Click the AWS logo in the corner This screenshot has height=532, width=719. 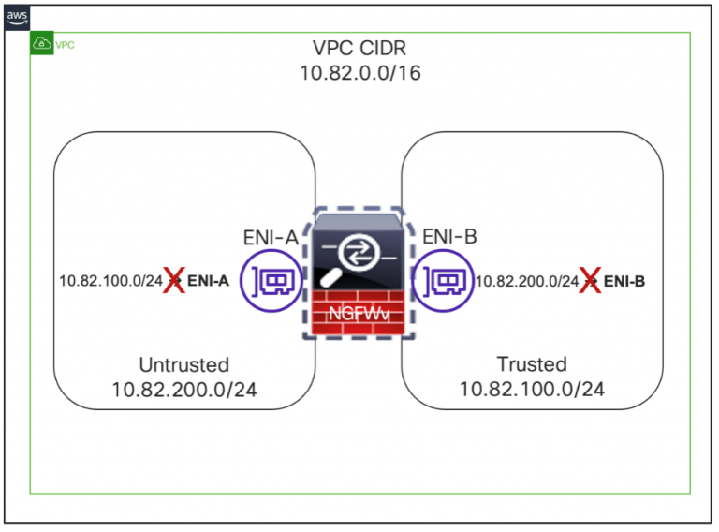pos(17,16)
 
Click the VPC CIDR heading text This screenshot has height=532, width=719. pos(359,49)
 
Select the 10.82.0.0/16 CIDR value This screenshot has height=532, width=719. pos(359,73)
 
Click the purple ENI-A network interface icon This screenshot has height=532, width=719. pos(271,279)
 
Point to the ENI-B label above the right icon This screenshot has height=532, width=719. pos(449,238)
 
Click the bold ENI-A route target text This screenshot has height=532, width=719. pos(209,280)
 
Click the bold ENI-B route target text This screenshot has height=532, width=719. pos(624,280)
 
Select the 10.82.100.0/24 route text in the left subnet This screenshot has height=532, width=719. pos(110,280)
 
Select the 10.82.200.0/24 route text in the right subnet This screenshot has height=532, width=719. pos(527,280)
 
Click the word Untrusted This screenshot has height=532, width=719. pos(183,364)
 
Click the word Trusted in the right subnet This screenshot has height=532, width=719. pos(532,364)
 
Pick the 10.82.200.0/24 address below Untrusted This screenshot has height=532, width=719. pos(183,389)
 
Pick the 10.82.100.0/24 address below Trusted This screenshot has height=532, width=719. pos(532,389)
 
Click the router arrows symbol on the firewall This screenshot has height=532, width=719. pos(359,251)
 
